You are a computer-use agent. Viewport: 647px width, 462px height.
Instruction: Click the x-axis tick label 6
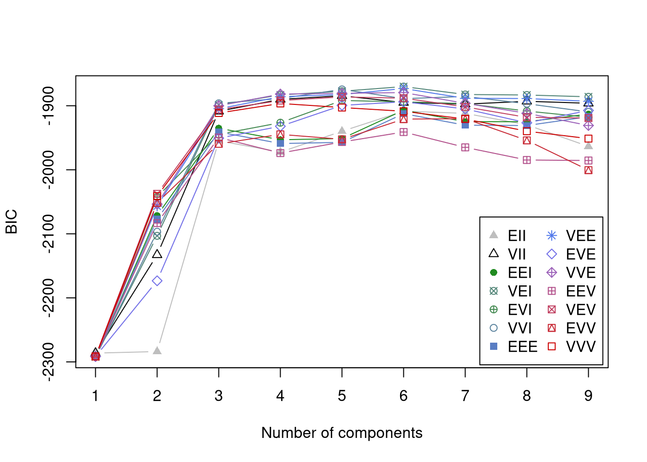[403, 396]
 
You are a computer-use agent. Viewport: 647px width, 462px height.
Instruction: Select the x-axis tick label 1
[95, 396]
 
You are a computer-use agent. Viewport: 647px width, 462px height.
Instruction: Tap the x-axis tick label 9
[588, 396]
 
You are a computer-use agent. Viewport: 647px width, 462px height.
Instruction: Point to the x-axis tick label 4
[280, 396]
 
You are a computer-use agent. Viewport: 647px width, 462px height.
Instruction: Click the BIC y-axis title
[12, 221]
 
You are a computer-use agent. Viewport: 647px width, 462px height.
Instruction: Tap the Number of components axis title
[342, 433]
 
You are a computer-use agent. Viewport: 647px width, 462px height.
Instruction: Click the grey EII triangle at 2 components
[157, 351]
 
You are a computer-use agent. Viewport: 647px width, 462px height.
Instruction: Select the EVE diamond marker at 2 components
[157, 281]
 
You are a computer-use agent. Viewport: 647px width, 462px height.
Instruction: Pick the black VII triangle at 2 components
[157, 254]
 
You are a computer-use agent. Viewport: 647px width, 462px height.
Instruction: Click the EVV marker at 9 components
[588, 170]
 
